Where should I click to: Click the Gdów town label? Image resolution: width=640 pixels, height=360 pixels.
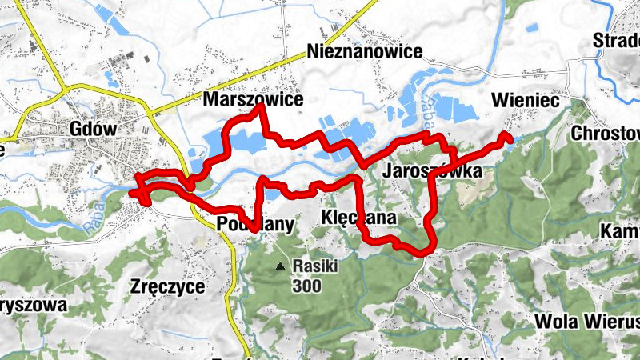click(x=94, y=128)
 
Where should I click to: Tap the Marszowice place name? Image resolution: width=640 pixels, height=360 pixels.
click(x=254, y=100)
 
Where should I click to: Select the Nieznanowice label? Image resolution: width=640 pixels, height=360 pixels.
click(x=365, y=52)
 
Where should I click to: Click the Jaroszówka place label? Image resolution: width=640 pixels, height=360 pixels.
click(x=432, y=171)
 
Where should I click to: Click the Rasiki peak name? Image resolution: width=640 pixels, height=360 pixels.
click(x=316, y=266)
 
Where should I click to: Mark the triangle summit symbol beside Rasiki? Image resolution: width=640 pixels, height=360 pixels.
click(x=280, y=266)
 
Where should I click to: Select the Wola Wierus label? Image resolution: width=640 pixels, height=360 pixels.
click(x=588, y=322)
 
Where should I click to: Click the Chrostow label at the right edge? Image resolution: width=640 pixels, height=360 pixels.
click(x=606, y=133)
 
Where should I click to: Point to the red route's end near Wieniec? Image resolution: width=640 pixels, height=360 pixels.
click(x=509, y=138)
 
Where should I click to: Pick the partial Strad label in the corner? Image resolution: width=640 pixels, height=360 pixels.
click(x=616, y=40)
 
